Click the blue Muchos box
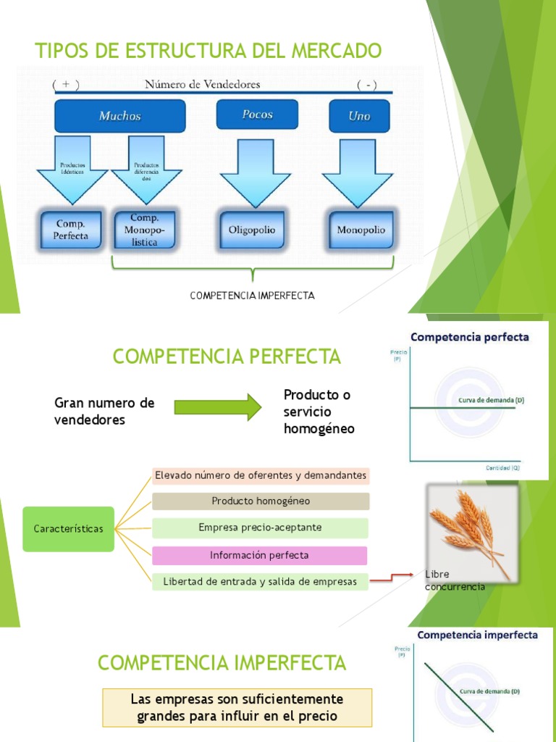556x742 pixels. [119, 116]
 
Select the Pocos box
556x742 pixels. [257, 115]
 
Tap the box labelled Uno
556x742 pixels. [359, 116]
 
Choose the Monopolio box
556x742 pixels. [361, 230]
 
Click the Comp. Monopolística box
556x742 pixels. [144, 230]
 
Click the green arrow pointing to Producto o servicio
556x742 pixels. [218, 407]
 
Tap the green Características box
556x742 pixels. [68, 529]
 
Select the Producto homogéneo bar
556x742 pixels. [261, 501]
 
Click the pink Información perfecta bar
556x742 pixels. [259, 556]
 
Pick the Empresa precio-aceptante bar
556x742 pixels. [260, 528]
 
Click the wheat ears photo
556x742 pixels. [471, 530]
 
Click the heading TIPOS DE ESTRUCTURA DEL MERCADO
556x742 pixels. [208, 51]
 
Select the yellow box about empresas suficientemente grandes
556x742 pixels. [237, 708]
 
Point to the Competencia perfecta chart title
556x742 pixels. [470, 337]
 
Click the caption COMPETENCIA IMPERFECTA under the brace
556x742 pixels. [252, 296]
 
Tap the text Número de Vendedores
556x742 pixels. [203, 84]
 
